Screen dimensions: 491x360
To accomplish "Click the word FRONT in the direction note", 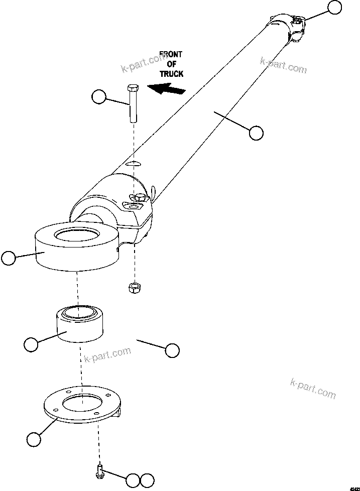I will pos(171,54).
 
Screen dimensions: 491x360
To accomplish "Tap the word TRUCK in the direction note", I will pos(171,74).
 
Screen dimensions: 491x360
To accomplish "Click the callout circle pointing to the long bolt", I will pos(99,97).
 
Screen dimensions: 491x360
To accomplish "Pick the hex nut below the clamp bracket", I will pos(134,288).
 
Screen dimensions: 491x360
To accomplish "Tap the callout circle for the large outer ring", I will pos(8,258).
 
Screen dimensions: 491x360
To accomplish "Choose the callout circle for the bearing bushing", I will pos(31,345).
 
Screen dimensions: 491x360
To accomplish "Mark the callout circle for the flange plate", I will pos(34,439).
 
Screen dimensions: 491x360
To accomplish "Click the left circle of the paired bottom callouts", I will pos(133,480).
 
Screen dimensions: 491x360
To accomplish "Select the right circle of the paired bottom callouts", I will pos(147,480).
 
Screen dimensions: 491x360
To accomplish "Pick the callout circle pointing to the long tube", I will pos(256,133).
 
